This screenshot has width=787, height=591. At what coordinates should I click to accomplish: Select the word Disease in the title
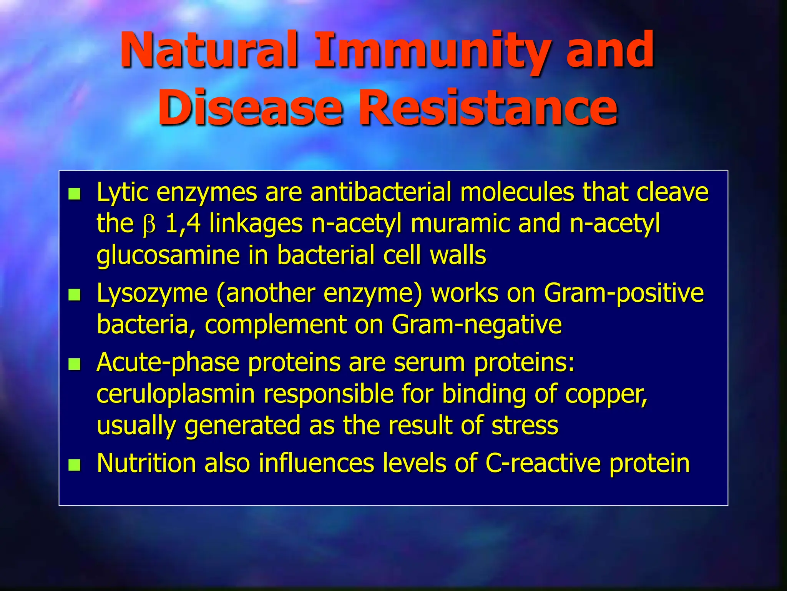coord(250,108)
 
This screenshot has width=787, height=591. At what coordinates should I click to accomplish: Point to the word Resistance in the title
coord(488,108)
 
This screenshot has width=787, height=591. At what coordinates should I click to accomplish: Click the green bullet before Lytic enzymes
coord(74,194)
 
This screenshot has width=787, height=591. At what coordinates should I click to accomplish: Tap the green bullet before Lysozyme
coord(74,295)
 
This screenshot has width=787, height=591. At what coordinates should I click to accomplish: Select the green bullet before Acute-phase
coord(74,364)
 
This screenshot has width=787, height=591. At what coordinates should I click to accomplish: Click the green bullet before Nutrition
coord(74,465)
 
